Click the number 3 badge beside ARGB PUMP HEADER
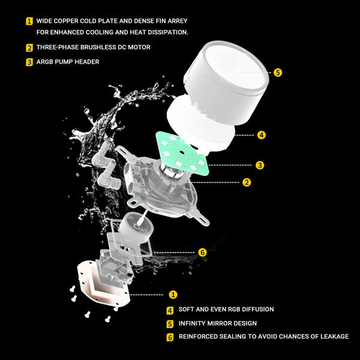click(x=29, y=61)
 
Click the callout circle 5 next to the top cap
click(x=277, y=72)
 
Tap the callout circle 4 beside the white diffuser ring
click(x=262, y=135)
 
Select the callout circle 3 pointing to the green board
click(x=259, y=165)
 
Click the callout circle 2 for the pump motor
click(x=247, y=182)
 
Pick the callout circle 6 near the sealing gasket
click(x=202, y=253)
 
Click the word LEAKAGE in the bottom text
click(x=329, y=337)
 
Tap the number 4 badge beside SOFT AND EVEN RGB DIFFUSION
click(x=170, y=310)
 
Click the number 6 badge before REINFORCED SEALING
click(x=170, y=337)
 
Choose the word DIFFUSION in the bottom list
click(x=253, y=310)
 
